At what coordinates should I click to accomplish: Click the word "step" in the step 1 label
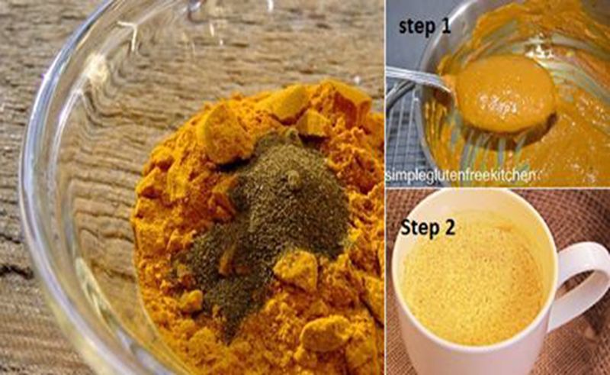(x=416, y=27)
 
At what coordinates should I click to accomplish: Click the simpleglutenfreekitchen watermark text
(x=457, y=176)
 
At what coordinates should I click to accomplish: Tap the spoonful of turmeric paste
(x=505, y=92)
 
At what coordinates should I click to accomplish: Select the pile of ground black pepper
(x=272, y=218)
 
